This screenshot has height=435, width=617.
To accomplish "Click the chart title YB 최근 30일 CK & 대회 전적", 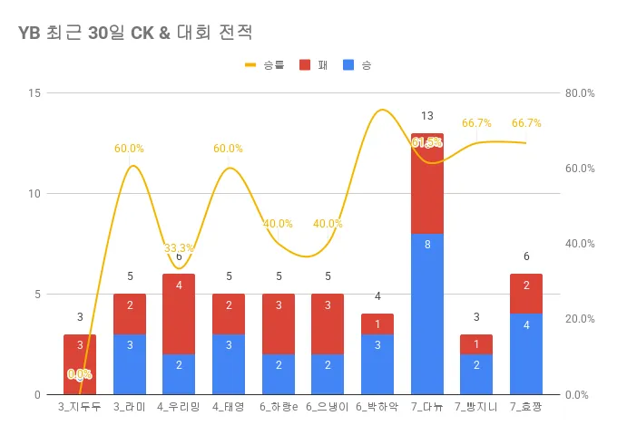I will [134, 33].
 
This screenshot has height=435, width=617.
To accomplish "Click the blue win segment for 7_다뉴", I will [427, 314].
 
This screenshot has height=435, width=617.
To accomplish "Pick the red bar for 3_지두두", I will [80, 364].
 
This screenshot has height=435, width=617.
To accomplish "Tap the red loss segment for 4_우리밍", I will [179, 314].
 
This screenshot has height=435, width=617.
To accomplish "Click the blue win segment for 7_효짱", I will [526, 353].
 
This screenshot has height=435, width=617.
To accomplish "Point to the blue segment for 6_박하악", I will [377, 364].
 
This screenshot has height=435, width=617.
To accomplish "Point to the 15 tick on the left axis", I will [34, 93].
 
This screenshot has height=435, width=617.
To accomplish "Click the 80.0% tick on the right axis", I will [579, 93].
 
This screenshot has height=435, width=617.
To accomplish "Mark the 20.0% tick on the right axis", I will [579, 319].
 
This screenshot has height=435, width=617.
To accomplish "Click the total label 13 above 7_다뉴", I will [427, 116].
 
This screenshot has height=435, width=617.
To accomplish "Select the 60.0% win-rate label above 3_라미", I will [129, 149].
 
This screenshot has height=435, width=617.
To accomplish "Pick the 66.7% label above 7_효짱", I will [526, 123].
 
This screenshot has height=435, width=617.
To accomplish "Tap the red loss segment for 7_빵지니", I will [476, 344].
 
